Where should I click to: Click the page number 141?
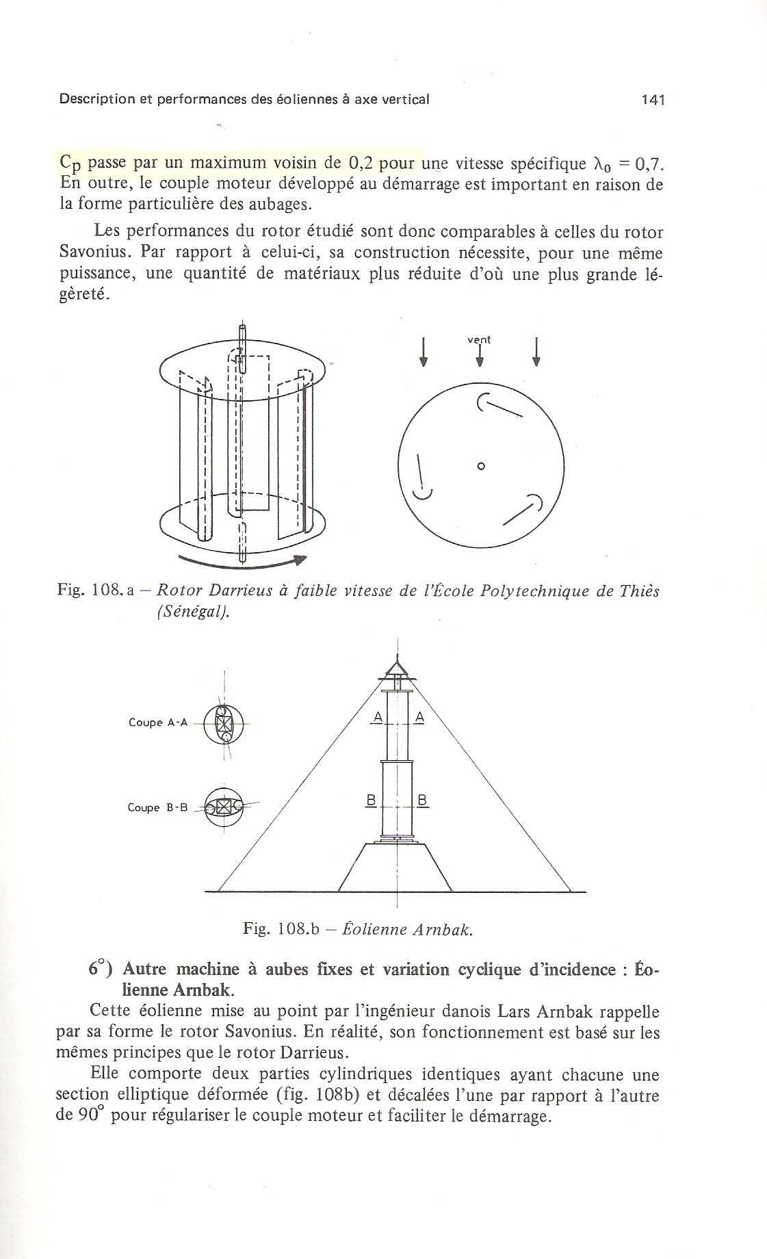coord(653,100)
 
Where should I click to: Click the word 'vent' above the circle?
coord(479,339)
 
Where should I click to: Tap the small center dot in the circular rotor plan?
coord(480,466)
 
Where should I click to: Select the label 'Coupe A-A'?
coord(157,723)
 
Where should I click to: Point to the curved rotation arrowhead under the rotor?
coord(298,560)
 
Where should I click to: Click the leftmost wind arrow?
coord(424,352)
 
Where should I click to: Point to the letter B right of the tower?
coord(421,800)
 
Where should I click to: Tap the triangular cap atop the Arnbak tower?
coord(397,666)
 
